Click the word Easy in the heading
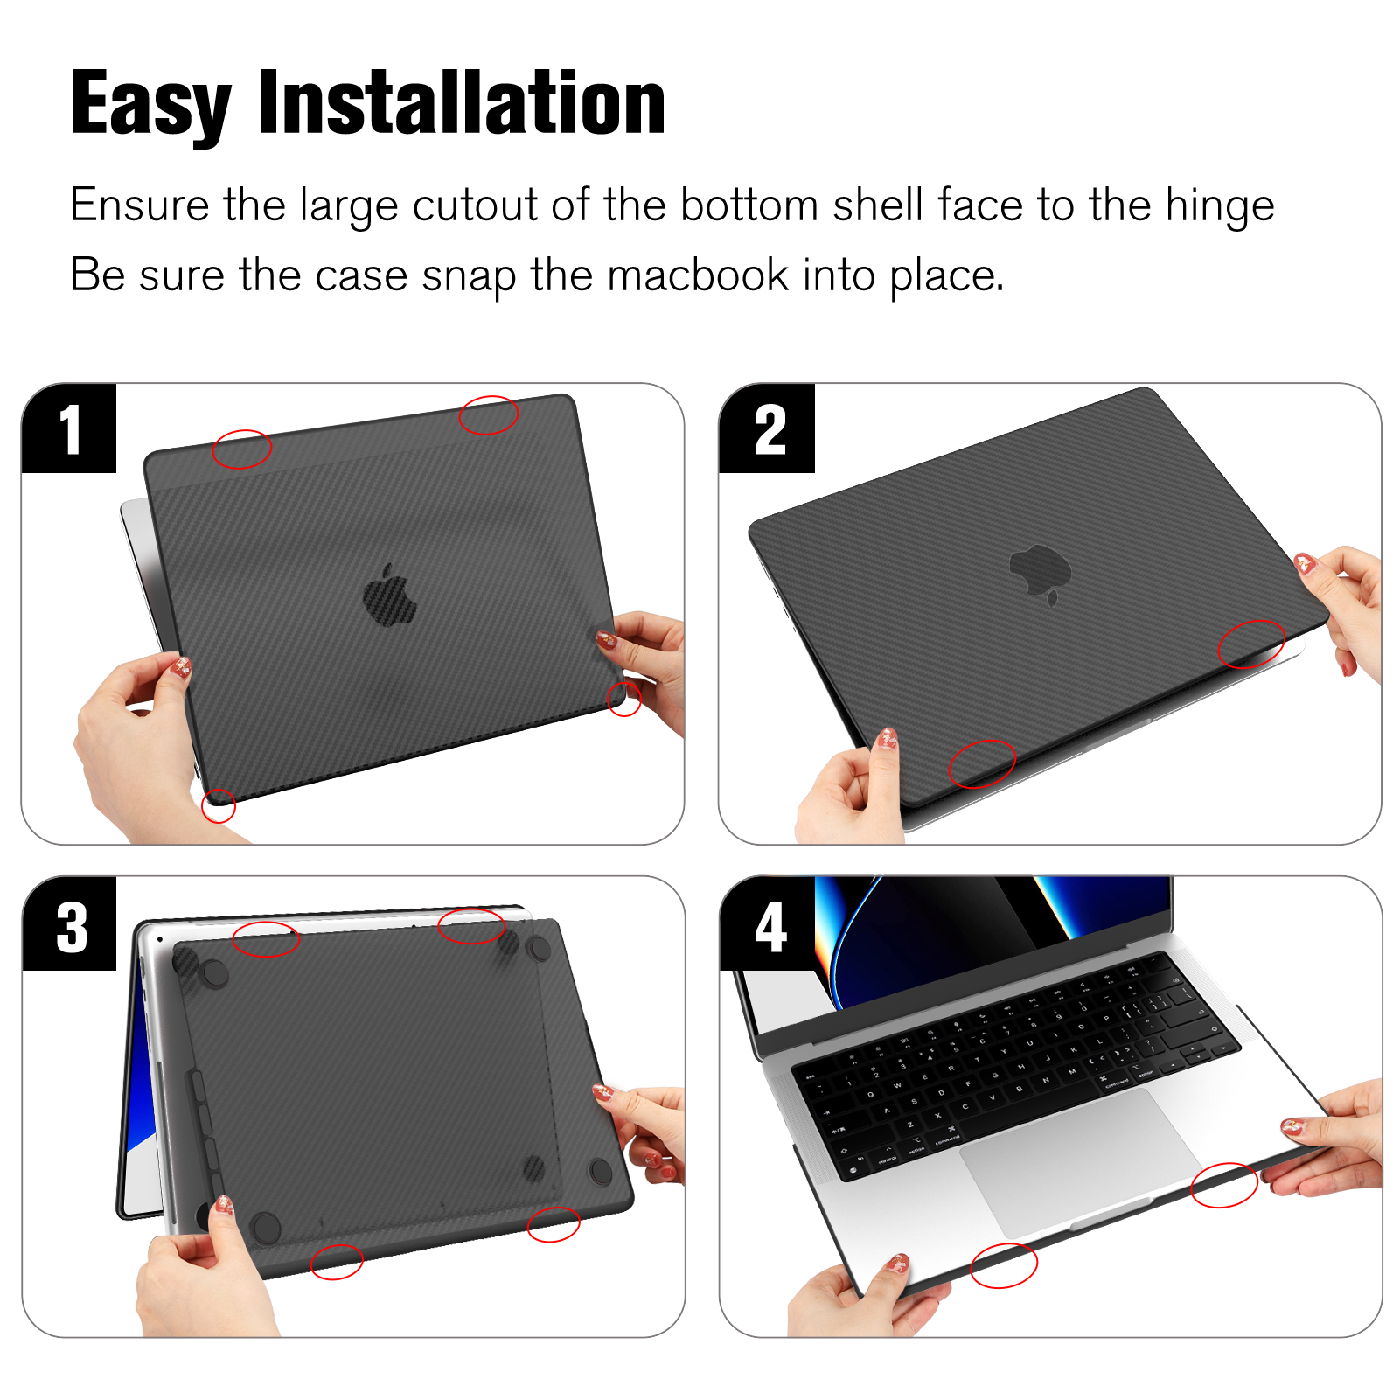click(x=150, y=105)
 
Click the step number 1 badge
click(x=69, y=428)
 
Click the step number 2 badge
click(x=767, y=428)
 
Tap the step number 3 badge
click(x=69, y=925)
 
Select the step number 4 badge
click(x=767, y=925)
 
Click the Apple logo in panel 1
click(x=390, y=596)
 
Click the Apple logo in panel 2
click(x=1041, y=573)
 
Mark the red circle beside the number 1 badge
click(x=242, y=449)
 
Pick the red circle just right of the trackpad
click(x=1224, y=1185)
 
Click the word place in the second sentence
click(x=947, y=276)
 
